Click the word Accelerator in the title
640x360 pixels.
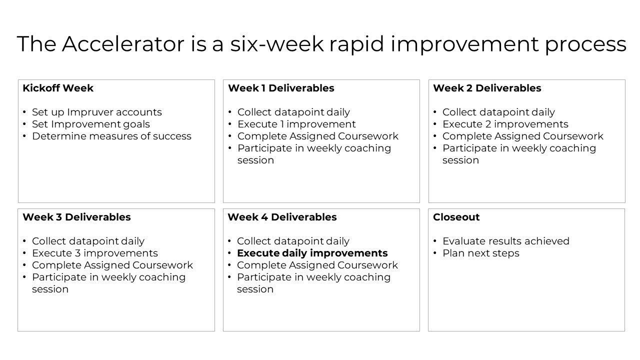123,44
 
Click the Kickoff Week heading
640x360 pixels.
58,88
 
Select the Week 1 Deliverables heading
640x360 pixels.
281,88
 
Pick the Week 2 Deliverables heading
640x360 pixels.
487,88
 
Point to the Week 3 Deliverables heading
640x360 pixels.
76,217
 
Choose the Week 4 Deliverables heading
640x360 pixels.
282,217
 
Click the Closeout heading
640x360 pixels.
456,217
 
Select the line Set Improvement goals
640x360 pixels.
90,124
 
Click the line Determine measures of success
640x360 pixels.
111,136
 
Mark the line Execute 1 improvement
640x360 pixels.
296,124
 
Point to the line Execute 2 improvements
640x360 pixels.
505,124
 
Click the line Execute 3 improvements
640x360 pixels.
94,253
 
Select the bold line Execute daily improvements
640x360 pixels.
312,253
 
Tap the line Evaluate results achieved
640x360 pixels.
505,241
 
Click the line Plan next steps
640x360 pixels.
480,253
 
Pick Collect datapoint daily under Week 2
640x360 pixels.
498,112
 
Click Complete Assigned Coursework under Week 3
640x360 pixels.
112,265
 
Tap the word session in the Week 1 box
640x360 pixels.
255,160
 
